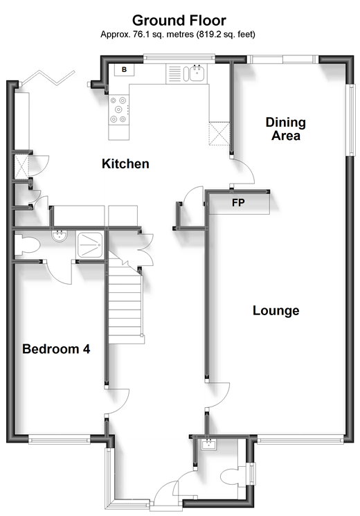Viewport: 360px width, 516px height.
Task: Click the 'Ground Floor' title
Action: (179, 20)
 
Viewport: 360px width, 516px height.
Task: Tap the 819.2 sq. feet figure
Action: (226, 34)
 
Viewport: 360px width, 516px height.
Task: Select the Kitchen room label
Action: (125, 163)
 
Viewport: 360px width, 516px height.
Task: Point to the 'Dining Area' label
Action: (286, 129)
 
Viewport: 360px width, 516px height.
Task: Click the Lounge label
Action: (276, 310)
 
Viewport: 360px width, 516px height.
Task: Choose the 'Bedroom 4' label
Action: (56, 349)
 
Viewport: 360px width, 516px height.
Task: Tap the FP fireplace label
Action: (238, 203)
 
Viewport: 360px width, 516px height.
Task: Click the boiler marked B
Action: (124, 70)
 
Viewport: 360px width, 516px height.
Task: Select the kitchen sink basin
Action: (197, 73)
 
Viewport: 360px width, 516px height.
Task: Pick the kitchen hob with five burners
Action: (118, 109)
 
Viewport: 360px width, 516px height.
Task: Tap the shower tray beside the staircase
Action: (89, 244)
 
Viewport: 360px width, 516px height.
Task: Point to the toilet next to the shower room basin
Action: (27, 245)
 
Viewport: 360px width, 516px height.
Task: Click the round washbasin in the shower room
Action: (60, 236)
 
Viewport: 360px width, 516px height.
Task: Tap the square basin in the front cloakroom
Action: (208, 445)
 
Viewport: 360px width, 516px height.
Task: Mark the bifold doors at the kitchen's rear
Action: (48, 78)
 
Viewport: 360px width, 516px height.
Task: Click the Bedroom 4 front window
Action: (60, 439)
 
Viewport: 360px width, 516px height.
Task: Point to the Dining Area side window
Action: (352, 120)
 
